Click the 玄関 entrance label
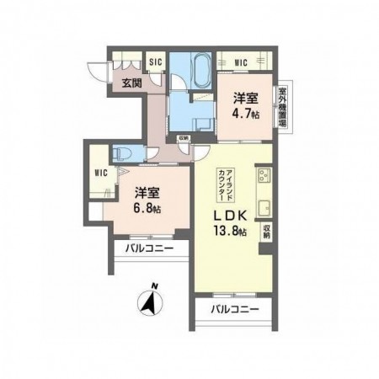click(x=131, y=83)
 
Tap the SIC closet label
click(x=155, y=61)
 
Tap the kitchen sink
click(x=263, y=206)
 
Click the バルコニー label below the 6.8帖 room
click(x=150, y=250)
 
